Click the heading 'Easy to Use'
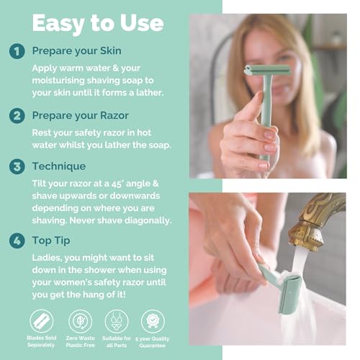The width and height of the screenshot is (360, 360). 97,24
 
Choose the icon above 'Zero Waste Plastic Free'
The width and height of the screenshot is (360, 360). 80,320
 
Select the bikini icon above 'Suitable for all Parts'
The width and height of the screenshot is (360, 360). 117,320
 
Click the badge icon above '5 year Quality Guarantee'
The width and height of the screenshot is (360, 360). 153,320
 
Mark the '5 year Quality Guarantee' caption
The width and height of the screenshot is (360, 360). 153,344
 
